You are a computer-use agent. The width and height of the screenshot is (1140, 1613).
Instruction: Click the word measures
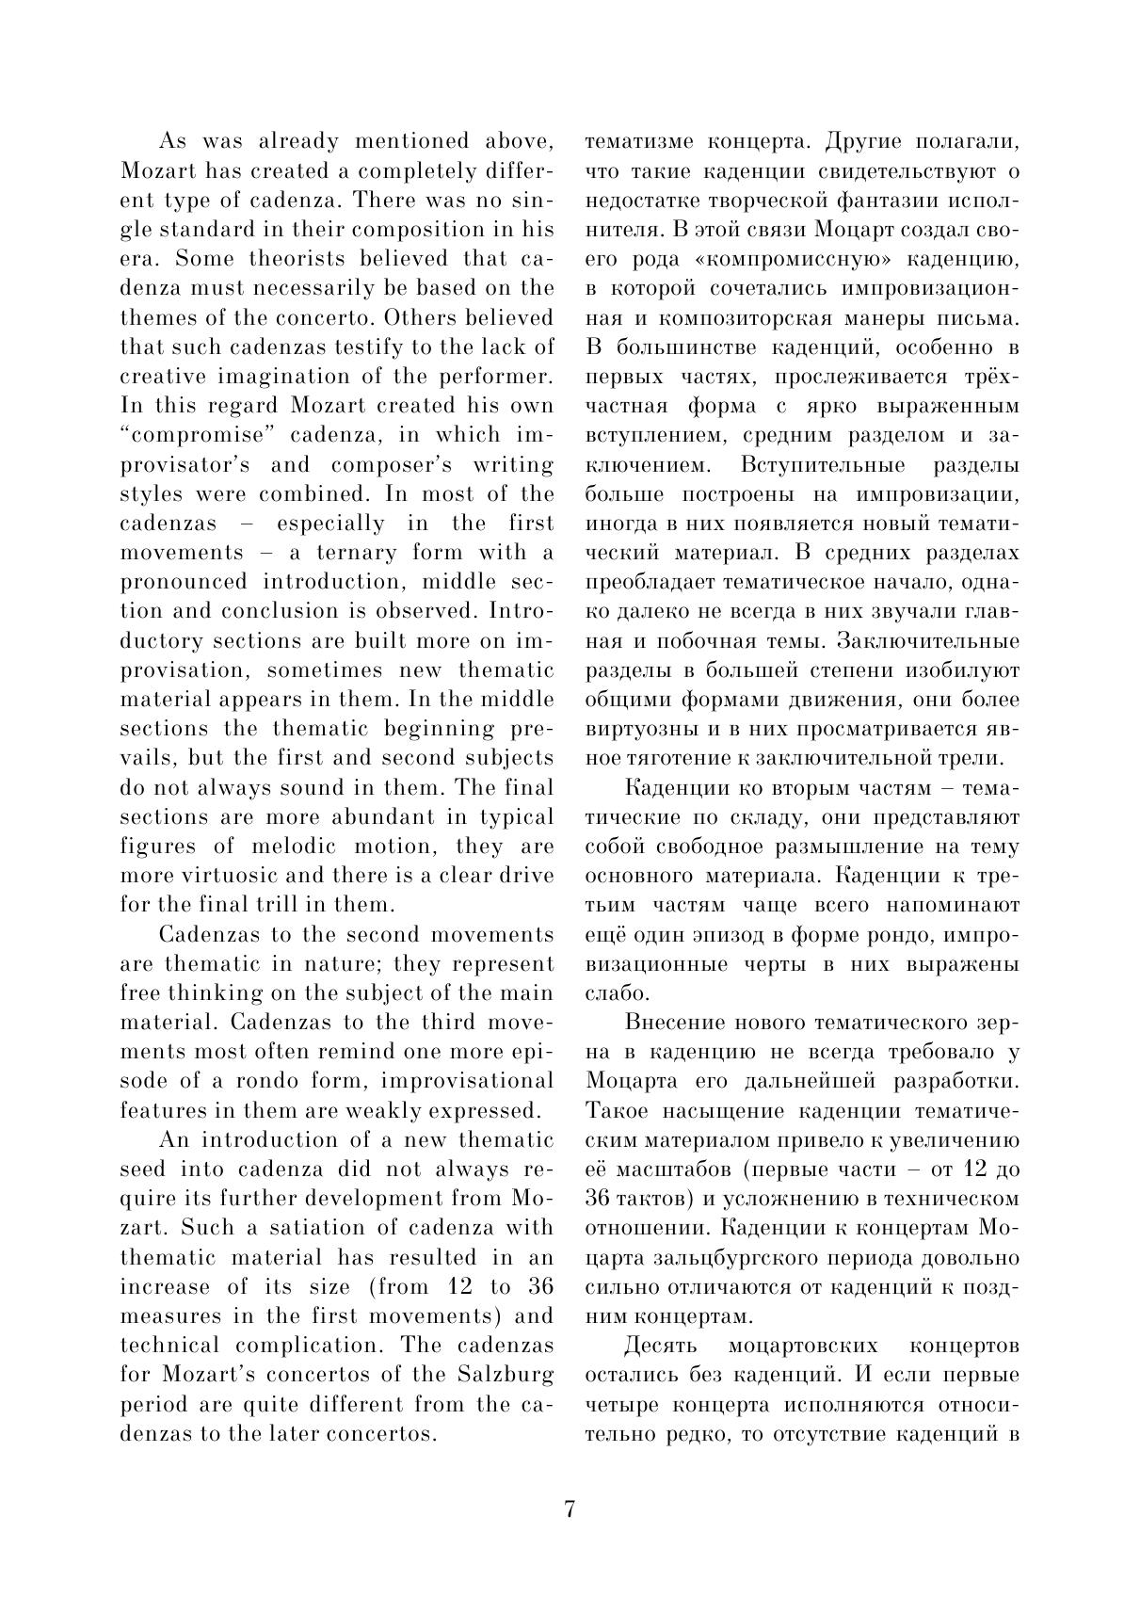[171, 1315]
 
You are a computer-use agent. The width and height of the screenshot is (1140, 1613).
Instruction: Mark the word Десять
[662, 1345]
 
